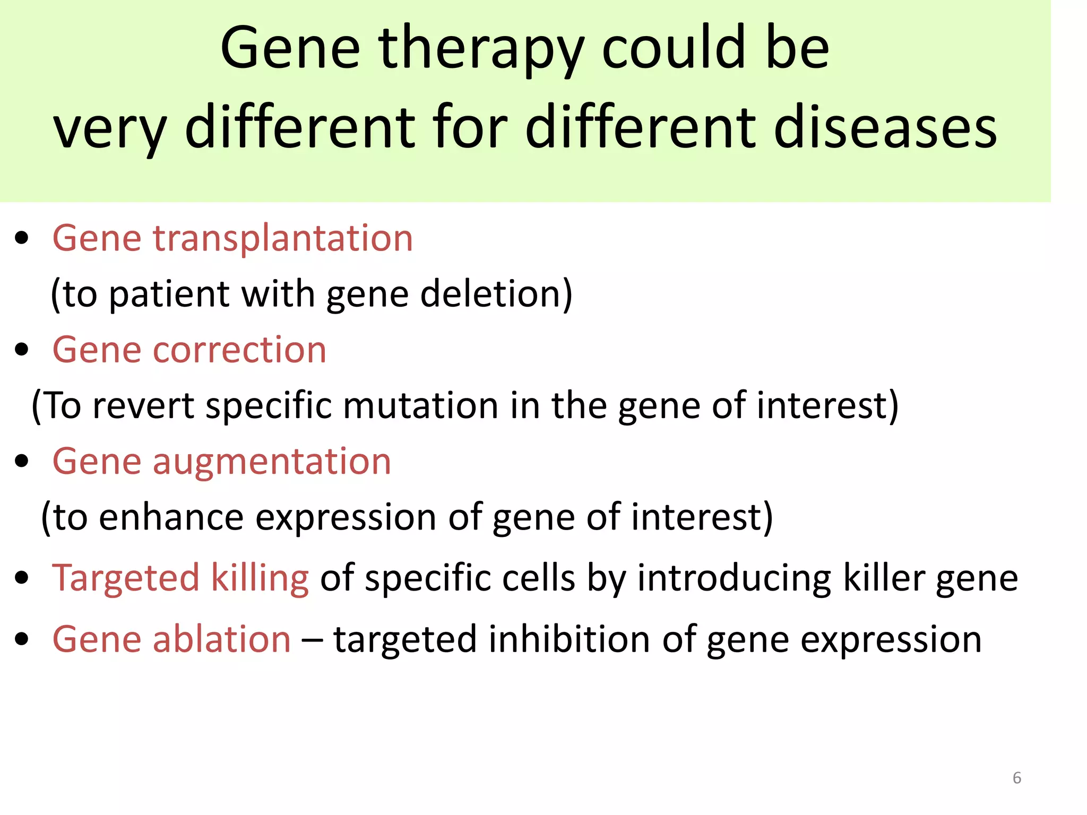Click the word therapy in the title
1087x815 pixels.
[x=481, y=50]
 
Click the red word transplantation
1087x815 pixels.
[x=283, y=238]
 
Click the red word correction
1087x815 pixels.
[x=239, y=350]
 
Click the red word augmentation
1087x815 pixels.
[x=272, y=462]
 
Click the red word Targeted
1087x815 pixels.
[x=125, y=578]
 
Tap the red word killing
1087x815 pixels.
[x=260, y=578]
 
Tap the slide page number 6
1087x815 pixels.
[x=1016, y=778]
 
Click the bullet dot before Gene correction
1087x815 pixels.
[x=22, y=350]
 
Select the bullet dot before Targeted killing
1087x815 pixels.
[x=22, y=578]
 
